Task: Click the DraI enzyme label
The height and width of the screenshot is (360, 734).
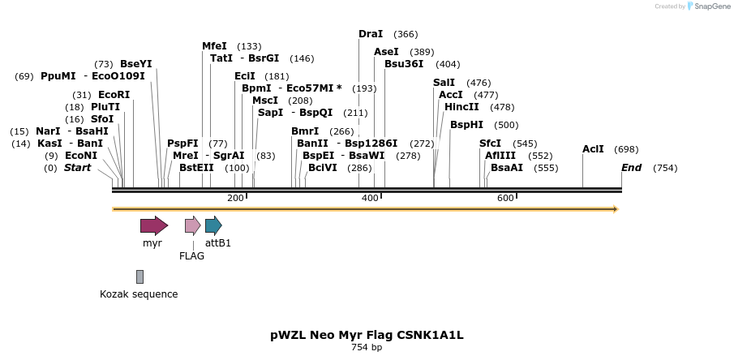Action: pos(371,34)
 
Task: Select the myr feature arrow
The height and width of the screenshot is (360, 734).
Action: pos(153,225)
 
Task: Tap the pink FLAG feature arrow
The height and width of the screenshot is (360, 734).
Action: pos(192,225)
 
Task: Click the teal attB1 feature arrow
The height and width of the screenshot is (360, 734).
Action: pos(213,225)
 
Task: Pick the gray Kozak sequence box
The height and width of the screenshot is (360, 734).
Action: pos(140,277)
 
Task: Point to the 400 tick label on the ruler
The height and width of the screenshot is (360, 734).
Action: pos(370,199)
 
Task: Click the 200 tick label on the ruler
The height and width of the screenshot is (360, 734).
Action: pos(235,199)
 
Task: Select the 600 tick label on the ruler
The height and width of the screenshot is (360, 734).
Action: pos(505,199)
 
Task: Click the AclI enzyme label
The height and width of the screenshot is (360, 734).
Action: pos(593,149)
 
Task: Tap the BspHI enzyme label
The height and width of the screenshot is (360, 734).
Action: pos(466,125)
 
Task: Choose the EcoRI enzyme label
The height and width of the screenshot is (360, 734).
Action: pos(114,95)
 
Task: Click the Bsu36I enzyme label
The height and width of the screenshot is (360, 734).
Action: pos(404,64)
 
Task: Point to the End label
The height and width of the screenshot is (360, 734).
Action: pos(631,168)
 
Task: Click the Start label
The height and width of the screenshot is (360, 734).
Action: pos(77,168)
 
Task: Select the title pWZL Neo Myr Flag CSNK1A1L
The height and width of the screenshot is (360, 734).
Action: pos(367,335)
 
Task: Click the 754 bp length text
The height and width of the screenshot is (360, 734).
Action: pos(367,348)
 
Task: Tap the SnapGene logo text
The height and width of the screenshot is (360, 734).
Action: pos(709,6)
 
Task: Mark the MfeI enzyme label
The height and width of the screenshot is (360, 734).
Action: pos(214,46)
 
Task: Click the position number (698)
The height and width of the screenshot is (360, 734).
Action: pos(626,149)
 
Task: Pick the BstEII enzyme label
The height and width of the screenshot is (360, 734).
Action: pos(196,168)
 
